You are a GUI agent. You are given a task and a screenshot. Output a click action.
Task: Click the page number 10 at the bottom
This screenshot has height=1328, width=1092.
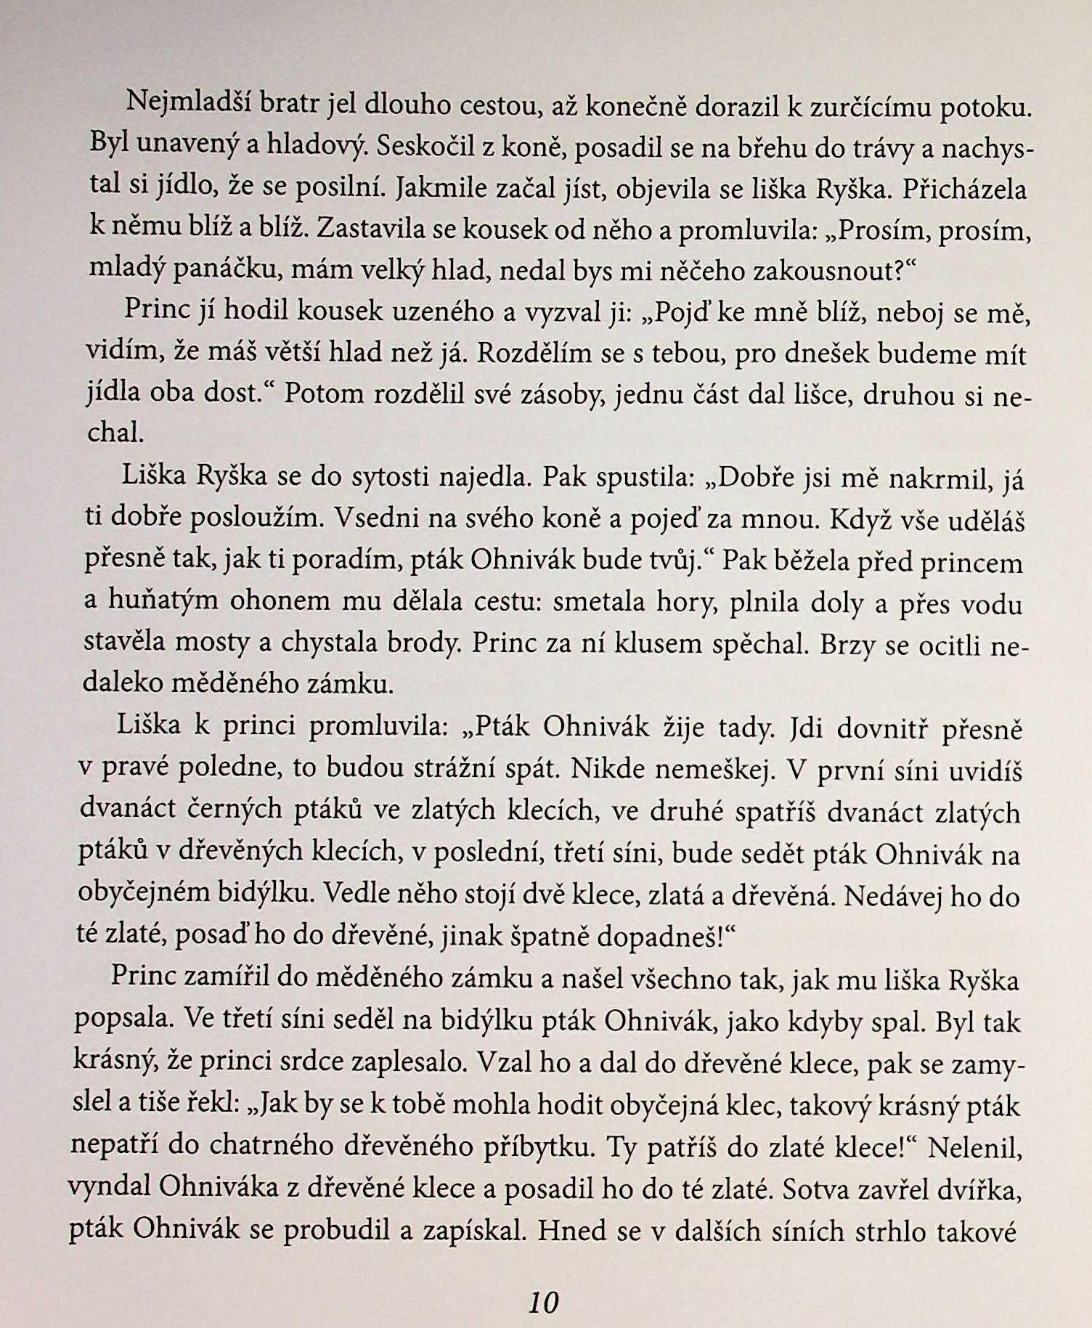(x=544, y=1302)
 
